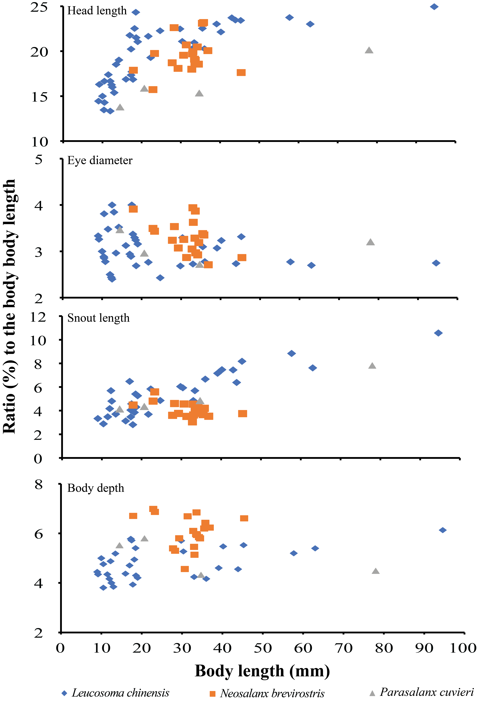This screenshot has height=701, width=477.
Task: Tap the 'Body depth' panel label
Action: [x=96, y=488]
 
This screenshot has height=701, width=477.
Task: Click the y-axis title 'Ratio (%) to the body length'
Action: [x=10, y=306]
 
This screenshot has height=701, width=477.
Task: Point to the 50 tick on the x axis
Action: [x=263, y=648]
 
